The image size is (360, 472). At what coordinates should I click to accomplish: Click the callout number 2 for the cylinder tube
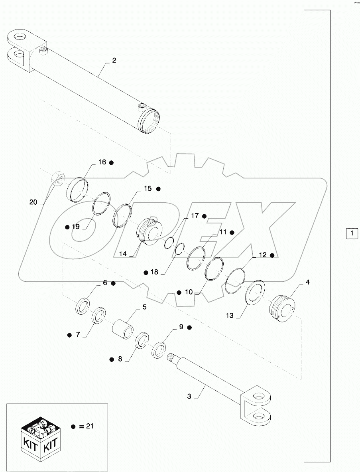coord(114,61)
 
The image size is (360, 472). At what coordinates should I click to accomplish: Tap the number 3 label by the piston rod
coord(189,397)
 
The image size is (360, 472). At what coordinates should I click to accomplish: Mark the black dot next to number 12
coord(272,255)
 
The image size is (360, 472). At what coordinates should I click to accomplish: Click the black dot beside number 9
coord(190,327)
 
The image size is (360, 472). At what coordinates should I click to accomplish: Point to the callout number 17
coord(195,216)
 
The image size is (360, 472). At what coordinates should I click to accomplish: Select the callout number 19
coord(76,227)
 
